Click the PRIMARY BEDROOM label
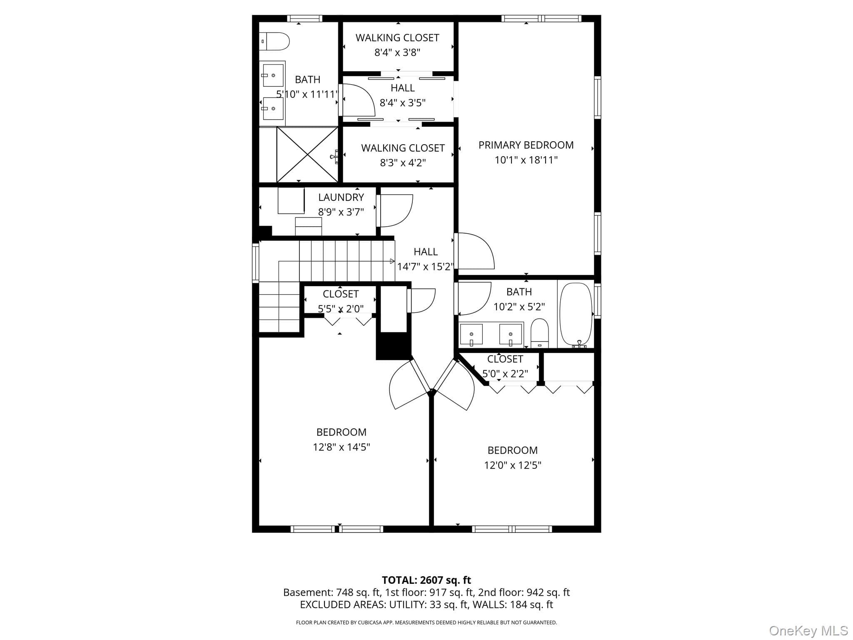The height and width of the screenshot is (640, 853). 526,145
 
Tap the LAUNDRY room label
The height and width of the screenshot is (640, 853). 341,197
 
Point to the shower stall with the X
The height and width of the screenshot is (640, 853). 307,155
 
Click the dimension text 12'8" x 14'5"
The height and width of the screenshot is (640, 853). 342,447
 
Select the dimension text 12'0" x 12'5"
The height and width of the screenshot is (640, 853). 513,465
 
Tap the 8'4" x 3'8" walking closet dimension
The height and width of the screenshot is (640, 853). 397,52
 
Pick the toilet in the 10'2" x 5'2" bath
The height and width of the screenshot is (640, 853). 540,333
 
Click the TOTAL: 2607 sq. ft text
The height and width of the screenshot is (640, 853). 426,580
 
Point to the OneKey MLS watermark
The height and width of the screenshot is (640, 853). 808,631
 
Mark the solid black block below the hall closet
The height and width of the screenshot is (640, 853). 394,346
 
